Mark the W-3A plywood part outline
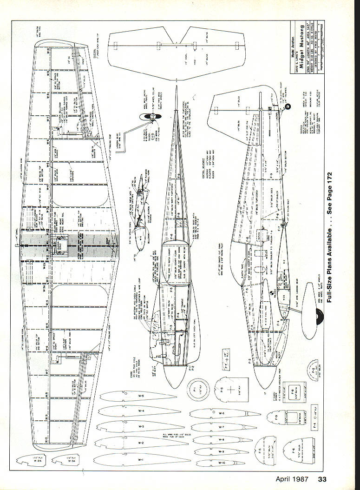pos(65,460)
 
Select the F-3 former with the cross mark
pos(231,389)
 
